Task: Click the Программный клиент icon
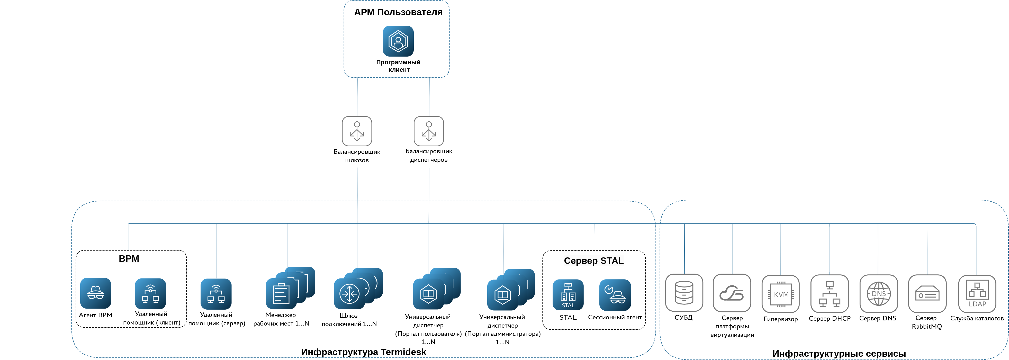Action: point(398,41)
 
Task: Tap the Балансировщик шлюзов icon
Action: point(357,131)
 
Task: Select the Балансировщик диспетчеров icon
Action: point(429,131)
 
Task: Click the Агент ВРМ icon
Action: point(96,293)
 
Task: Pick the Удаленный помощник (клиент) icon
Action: point(150,294)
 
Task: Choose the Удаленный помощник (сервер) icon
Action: point(216,294)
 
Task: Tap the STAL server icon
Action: point(568,295)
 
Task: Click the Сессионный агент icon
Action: point(615,295)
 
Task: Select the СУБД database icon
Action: point(684,293)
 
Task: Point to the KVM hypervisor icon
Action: point(781,294)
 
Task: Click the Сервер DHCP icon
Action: point(830,293)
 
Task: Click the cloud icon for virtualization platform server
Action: point(732,293)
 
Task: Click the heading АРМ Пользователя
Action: point(398,12)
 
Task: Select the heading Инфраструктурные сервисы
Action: point(839,353)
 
